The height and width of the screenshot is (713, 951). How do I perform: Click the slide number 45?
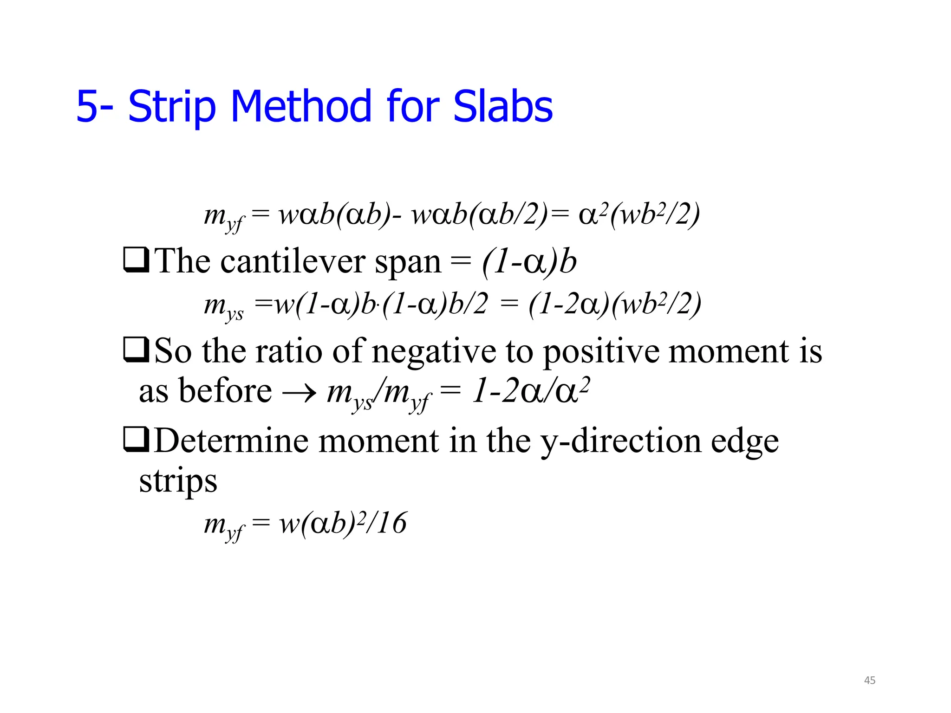click(870, 681)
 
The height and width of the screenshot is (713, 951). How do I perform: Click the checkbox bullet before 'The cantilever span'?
click(136, 260)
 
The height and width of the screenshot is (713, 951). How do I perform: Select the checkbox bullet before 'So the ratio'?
click(136, 350)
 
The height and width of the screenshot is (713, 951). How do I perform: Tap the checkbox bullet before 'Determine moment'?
click(136, 440)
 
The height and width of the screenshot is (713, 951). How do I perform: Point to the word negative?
click(434, 352)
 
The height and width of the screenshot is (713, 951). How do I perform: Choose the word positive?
click(601, 352)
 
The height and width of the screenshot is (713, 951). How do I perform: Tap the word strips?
click(178, 481)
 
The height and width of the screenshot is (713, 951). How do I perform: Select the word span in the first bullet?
click(408, 263)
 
